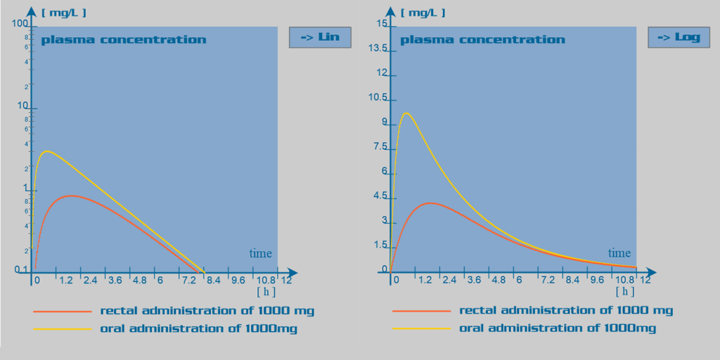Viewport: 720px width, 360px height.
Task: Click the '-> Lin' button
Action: point(320,37)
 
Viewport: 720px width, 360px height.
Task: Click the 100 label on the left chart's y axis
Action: point(20,24)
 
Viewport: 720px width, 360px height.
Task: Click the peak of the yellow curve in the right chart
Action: point(406,113)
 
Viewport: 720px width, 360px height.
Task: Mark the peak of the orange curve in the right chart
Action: point(430,203)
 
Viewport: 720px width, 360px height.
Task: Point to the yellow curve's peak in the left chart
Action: point(46,151)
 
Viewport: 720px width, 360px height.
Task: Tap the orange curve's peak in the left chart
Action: point(70,195)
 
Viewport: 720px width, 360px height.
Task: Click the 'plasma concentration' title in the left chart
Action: point(124,39)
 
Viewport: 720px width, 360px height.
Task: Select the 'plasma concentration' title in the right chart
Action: point(482,39)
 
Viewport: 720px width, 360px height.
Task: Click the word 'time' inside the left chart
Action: point(260,253)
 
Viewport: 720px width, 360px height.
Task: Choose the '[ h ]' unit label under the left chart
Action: point(266,290)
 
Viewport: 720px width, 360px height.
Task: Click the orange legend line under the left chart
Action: point(62,311)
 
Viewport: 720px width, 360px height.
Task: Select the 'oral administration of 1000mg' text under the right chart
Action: point(558,328)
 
